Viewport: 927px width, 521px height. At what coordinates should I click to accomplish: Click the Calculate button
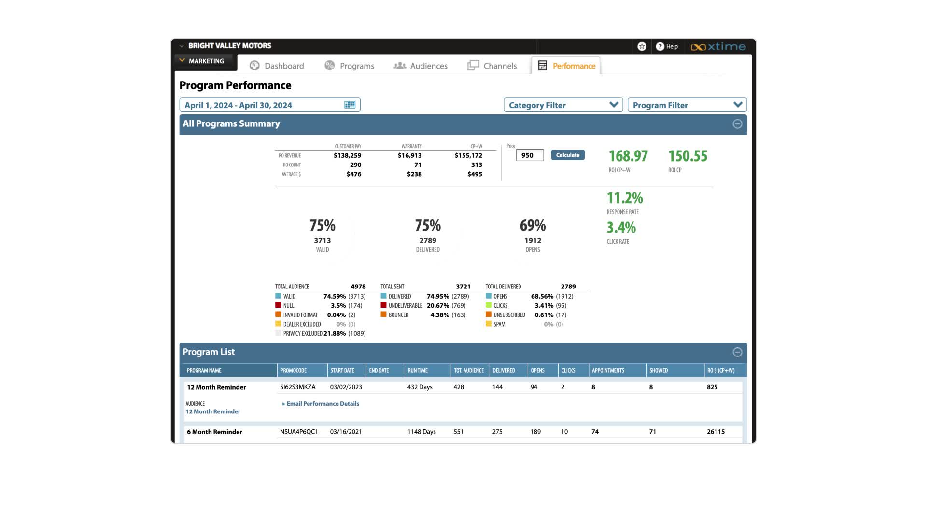pyautogui.click(x=567, y=155)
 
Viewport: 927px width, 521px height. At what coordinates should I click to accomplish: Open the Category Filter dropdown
pyautogui.click(x=563, y=105)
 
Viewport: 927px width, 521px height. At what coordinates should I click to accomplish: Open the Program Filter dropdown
pyautogui.click(x=687, y=105)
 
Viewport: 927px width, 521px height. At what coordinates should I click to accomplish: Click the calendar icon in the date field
pyautogui.click(x=350, y=105)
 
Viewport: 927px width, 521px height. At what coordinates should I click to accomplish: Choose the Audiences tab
pyautogui.click(x=421, y=66)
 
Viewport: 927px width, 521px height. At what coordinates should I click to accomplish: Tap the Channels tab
pyautogui.click(x=492, y=66)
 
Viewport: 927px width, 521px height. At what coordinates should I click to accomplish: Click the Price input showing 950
pyautogui.click(x=529, y=155)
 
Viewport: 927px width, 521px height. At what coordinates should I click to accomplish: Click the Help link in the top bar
pyautogui.click(x=667, y=47)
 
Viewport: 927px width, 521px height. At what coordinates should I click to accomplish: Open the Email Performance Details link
pyautogui.click(x=323, y=404)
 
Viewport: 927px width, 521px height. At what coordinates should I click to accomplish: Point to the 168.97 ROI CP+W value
pyautogui.click(x=628, y=156)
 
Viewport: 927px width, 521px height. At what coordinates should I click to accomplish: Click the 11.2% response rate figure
pyautogui.click(x=624, y=198)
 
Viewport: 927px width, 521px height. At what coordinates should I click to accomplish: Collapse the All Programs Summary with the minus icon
pyautogui.click(x=737, y=124)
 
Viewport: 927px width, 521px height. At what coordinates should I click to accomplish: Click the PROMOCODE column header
pyautogui.click(x=294, y=370)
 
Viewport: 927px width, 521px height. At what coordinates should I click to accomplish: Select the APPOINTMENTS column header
pyautogui.click(x=608, y=370)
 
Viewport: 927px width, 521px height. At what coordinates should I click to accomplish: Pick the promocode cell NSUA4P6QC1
pyautogui.click(x=299, y=432)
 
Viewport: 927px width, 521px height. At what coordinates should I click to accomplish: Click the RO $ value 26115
pyautogui.click(x=716, y=432)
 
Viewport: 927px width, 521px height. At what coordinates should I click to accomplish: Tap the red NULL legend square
pyautogui.click(x=278, y=305)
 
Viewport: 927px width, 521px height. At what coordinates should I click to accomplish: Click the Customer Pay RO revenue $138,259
pyautogui.click(x=347, y=155)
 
